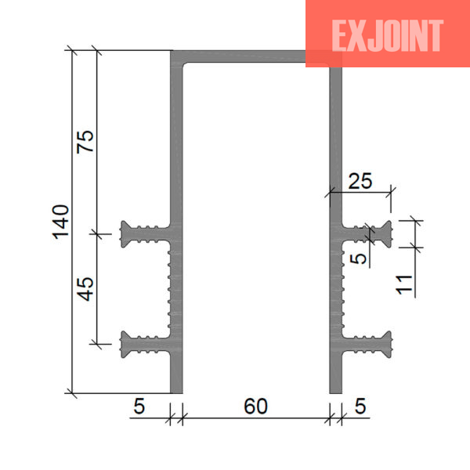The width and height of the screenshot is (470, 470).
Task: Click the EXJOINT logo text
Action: click(387, 36)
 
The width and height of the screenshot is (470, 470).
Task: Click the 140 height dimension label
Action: click(61, 222)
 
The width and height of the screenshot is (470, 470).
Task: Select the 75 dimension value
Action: click(85, 142)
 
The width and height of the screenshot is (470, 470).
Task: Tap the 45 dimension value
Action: click(85, 289)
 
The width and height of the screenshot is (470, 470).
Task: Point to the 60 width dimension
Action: click(255, 407)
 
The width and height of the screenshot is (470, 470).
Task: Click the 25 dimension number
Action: click(360, 181)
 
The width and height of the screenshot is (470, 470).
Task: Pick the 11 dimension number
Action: click(404, 284)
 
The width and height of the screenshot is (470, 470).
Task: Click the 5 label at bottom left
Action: click(139, 407)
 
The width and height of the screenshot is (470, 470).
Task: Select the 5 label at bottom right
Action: click(360, 407)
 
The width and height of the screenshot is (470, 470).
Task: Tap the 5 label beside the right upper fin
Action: click(358, 258)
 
